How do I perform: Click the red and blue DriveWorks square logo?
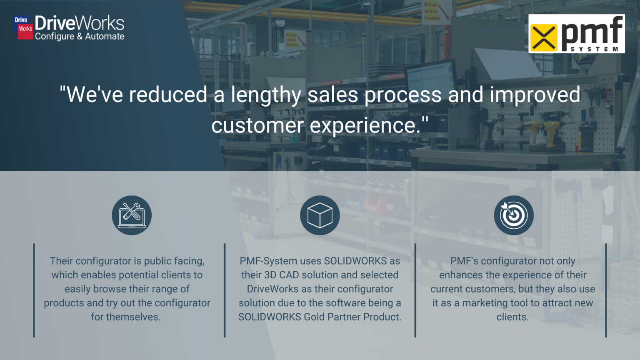pyautogui.click(x=23, y=27)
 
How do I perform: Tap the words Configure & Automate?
pyautogui.click(x=80, y=37)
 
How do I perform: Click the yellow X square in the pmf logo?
pyautogui.click(x=543, y=37)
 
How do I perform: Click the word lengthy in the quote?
pyautogui.click(x=266, y=95)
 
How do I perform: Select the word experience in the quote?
pyautogui.click(x=365, y=125)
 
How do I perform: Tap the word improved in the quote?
pyautogui.click(x=535, y=95)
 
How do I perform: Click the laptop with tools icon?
pyautogui.click(x=132, y=215)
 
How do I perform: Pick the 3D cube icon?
pyautogui.click(x=320, y=215)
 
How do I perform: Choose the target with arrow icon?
pyautogui.click(x=513, y=215)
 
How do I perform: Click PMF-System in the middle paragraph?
pyautogui.click(x=268, y=261)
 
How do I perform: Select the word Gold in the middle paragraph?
pyautogui.click(x=314, y=317)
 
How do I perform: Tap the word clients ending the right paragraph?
pyautogui.click(x=512, y=317)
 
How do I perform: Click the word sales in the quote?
pyautogui.click(x=332, y=95)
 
